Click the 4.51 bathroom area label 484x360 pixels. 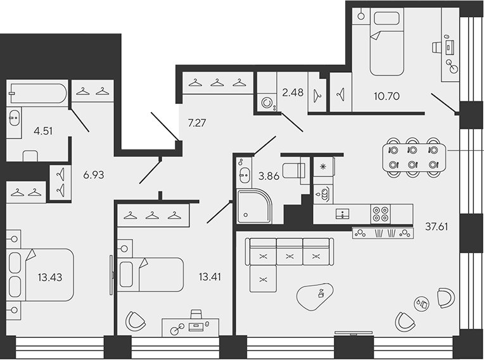[x=26, y=132]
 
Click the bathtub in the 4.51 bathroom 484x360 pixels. [x=37, y=93]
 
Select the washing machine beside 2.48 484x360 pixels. [x=267, y=103]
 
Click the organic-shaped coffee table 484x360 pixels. [x=316, y=295]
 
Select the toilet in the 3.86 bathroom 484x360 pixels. [x=295, y=170]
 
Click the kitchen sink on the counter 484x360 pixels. [x=341, y=214]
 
